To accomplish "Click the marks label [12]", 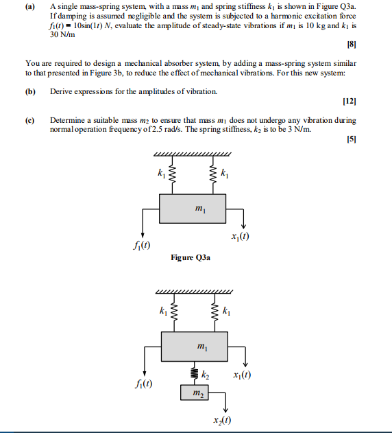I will coord(350,102).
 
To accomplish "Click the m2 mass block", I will coord(198,393).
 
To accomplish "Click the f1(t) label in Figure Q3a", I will coord(141,246).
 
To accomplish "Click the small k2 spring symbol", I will coord(194,373).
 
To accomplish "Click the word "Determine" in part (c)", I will coord(66,120).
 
